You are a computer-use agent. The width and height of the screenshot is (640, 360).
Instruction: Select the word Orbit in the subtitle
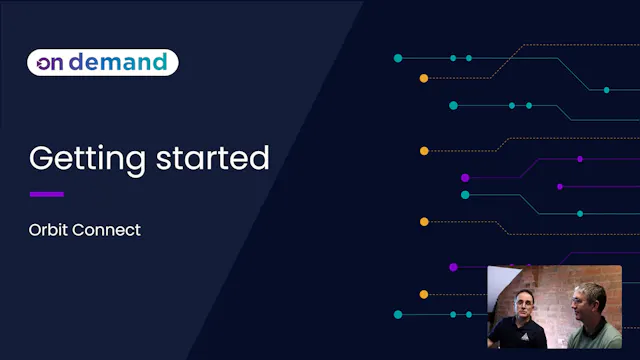pyautogui.click(x=49, y=230)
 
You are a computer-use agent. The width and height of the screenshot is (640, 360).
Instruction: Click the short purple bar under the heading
pyautogui.click(x=47, y=194)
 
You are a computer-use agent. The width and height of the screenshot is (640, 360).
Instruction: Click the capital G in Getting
pyautogui.click(x=41, y=158)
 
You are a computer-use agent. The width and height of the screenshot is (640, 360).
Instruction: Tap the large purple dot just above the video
pyautogui.click(x=453, y=267)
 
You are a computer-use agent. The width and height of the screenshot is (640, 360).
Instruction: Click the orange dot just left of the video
pyautogui.click(x=424, y=294)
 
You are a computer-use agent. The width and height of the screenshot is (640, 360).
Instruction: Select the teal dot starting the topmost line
pyautogui.click(x=398, y=58)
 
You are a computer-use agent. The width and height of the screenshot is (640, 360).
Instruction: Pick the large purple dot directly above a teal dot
pyautogui.click(x=465, y=178)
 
